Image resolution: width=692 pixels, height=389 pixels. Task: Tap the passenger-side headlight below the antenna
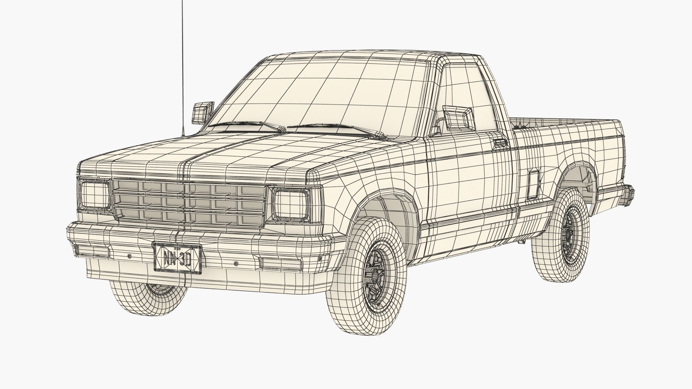[x=95, y=195]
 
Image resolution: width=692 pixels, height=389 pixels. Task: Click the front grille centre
[x=189, y=202]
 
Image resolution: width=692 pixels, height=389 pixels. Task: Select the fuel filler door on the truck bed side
[x=533, y=185]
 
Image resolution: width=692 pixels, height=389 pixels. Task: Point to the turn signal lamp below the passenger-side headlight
[x=93, y=251]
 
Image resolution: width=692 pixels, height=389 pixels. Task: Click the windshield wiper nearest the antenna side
[x=249, y=125]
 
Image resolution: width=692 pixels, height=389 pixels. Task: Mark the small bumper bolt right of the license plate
[x=236, y=263]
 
